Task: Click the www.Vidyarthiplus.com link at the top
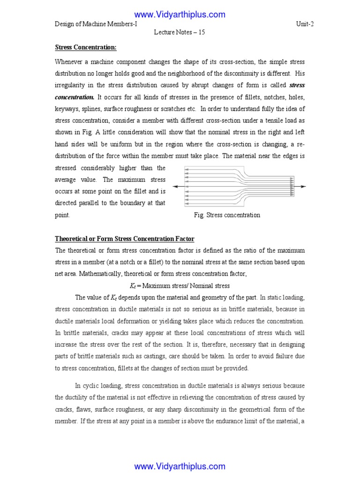[180, 15]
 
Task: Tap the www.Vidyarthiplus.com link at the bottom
[180, 466]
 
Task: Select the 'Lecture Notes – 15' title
[180, 32]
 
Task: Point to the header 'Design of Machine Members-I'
[96, 24]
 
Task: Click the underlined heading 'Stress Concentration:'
[86, 47]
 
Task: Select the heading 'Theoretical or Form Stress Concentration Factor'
[125, 239]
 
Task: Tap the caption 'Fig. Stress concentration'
[227, 215]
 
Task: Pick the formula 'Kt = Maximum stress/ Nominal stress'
[180, 285]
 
